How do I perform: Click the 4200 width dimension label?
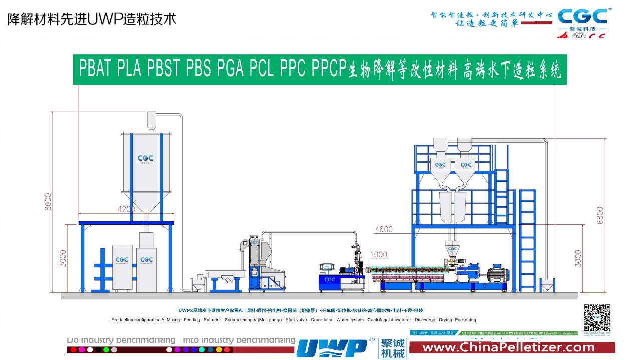[126, 209]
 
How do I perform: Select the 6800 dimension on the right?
[600, 215]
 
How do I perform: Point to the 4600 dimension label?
[384, 230]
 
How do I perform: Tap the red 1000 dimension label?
[378, 255]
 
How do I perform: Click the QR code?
[597, 317]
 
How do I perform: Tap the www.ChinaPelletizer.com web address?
[509, 347]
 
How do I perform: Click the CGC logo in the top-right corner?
[582, 17]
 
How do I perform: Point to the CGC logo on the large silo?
[146, 159]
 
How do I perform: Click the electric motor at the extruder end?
[498, 273]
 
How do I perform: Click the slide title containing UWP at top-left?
[92, 19]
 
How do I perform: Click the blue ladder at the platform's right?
[527, 240]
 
